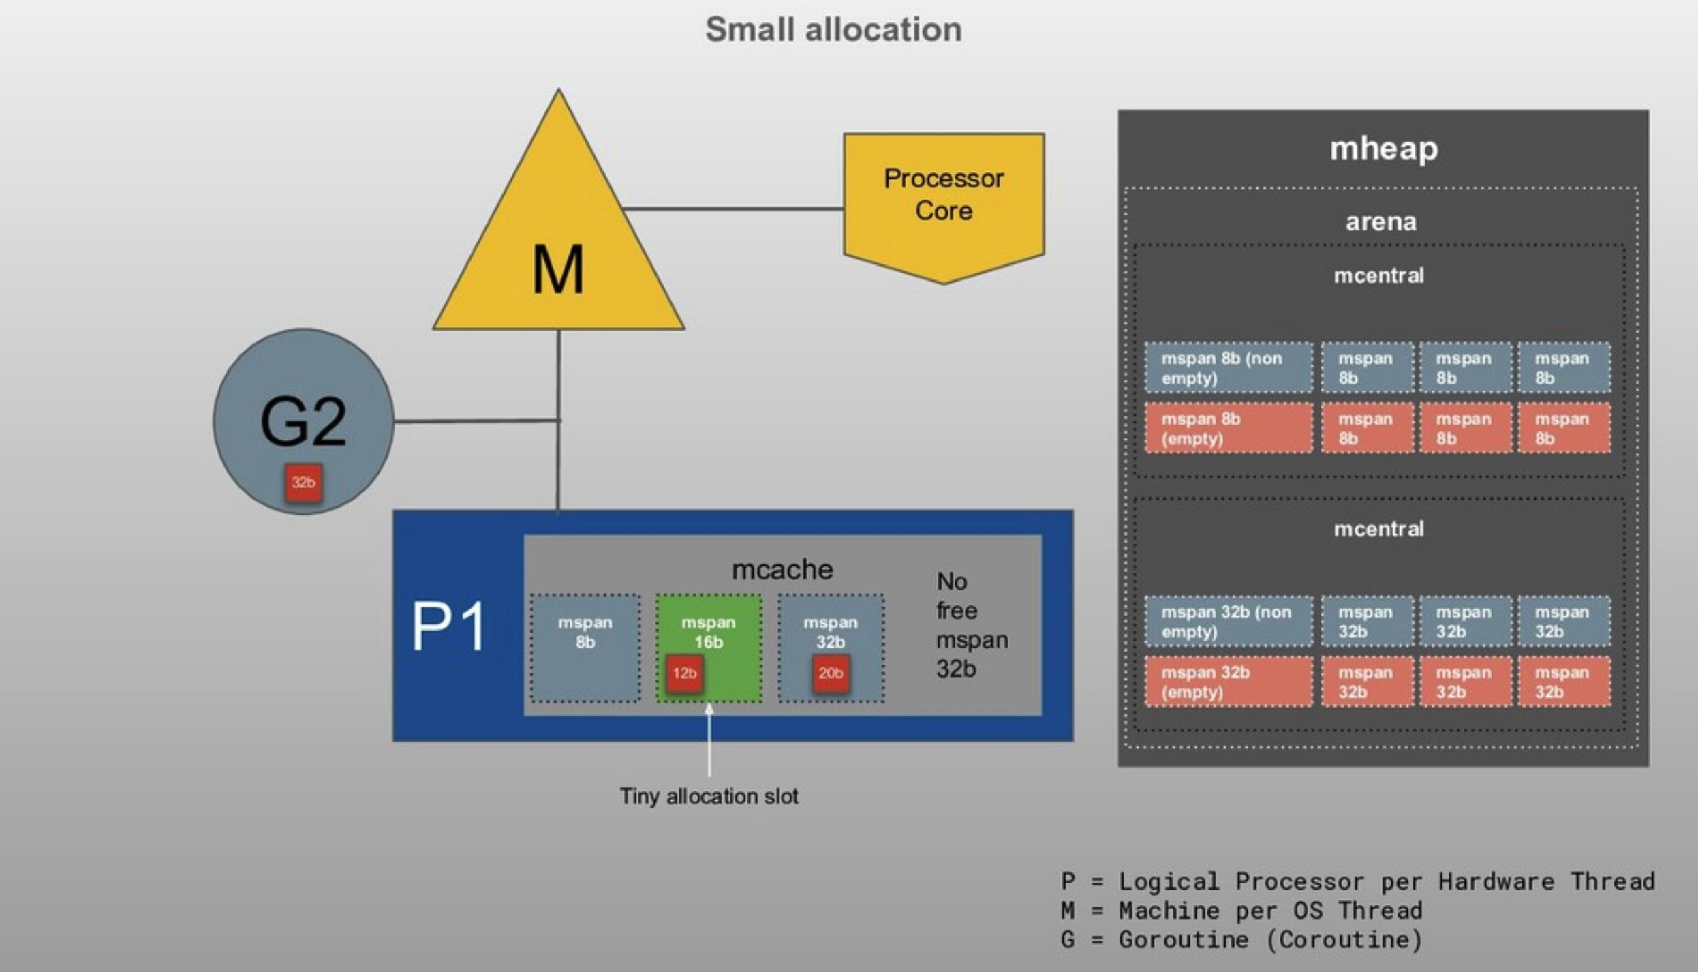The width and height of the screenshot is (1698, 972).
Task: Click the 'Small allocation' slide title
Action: (x=833, y=30)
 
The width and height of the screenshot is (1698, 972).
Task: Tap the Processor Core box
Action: (x=944, y=198)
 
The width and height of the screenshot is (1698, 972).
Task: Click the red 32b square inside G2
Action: (x=303, y=483)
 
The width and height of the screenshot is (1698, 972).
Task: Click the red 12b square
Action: (x=685, y=673)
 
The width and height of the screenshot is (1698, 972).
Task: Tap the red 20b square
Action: (x=831, y=673)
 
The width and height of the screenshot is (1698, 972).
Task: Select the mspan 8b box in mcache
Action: (x=585, y=648)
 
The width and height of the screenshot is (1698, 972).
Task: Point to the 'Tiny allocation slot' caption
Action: (x=709, y=796)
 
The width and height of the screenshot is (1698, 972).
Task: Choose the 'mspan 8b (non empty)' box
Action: (x=1228, y=368)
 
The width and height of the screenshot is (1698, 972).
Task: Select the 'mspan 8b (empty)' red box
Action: (x=1228, y=428)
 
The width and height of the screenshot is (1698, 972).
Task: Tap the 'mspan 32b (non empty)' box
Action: (x=1228, y=622)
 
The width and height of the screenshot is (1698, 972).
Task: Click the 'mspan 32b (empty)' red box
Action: (x=1228, y=682)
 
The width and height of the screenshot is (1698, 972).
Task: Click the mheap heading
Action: (x=1383, y=149)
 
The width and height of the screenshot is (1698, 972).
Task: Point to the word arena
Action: (x=1380, y=222)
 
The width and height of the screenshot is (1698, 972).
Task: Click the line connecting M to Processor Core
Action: (x=734, y=209)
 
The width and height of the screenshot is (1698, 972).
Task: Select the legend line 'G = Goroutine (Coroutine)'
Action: (x=1241, y=940)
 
